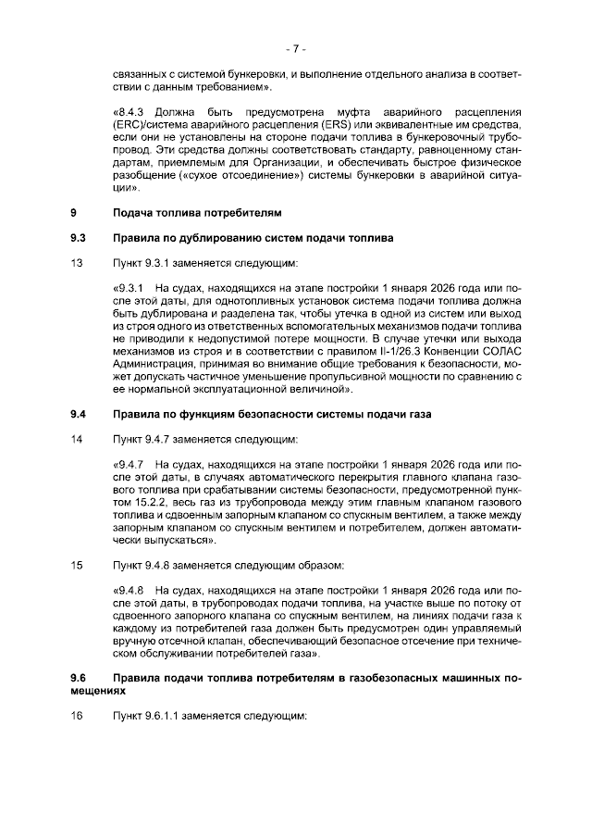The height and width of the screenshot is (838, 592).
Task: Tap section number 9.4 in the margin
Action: coord(79,413)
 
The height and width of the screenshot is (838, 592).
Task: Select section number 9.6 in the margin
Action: coord(79,679)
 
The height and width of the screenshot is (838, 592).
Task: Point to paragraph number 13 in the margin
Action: coord(77,263)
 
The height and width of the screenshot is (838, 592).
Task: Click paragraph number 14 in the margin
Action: coord(77,437)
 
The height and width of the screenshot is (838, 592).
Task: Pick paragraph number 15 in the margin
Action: coord(77,565)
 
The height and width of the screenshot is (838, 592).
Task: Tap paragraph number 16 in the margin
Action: coord(77,716)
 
